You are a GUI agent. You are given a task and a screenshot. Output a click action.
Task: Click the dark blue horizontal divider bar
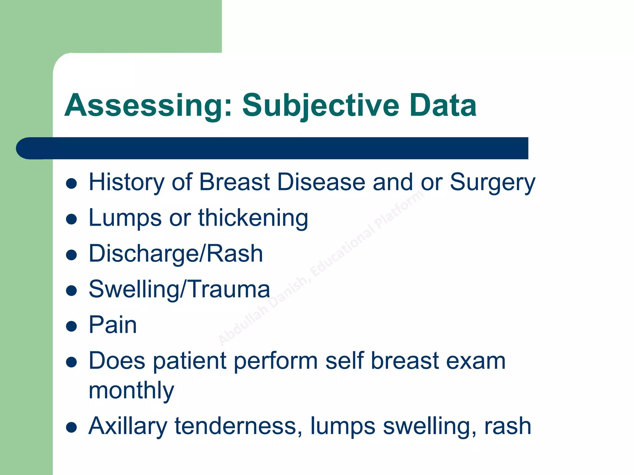click(272, 148)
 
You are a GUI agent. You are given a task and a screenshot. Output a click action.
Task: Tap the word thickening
click(253, 218)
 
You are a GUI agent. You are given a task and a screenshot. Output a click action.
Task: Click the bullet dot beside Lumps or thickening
click(72, 219)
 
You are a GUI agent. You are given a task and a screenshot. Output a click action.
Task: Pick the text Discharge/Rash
click(176, 254)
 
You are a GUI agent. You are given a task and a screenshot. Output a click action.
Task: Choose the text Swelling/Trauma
click(179, 289)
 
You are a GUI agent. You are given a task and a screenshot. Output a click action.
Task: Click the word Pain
click(113, 325)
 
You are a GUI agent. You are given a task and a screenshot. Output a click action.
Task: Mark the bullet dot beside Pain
click(72, 326)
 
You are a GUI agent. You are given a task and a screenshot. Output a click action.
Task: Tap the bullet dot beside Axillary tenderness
click(72, 428)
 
